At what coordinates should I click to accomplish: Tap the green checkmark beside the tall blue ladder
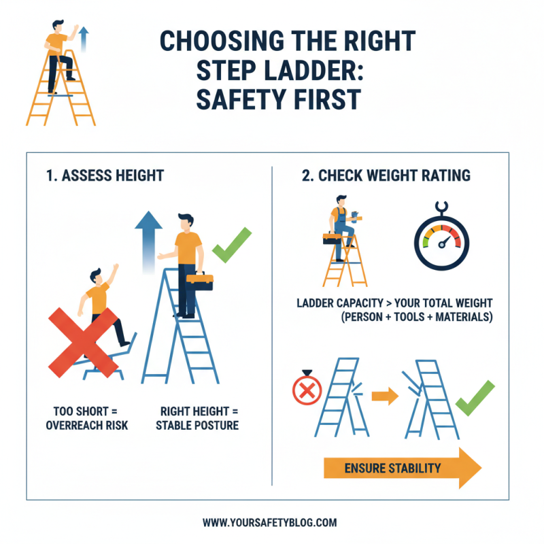point(231,246)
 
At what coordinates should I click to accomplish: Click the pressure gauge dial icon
point(441,239)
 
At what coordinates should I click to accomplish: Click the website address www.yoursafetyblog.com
point(270,523)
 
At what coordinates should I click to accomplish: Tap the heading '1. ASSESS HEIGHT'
point(105,176)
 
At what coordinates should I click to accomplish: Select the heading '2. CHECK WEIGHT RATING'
point(386,176)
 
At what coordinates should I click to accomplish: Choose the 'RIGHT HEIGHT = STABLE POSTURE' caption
point(197,418)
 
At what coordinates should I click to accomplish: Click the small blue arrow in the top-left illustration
point(83,39)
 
